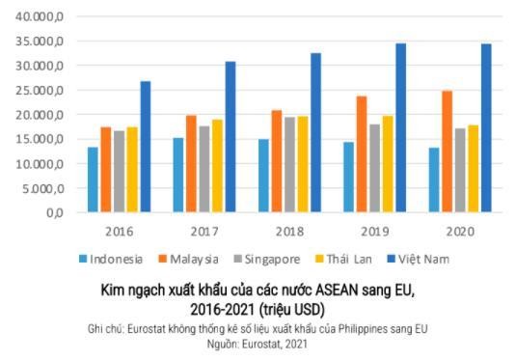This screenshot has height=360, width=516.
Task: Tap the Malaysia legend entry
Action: coord(188,259)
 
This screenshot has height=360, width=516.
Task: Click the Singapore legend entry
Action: coord(266,259)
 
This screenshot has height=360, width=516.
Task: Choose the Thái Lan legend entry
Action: coord(342,259)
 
